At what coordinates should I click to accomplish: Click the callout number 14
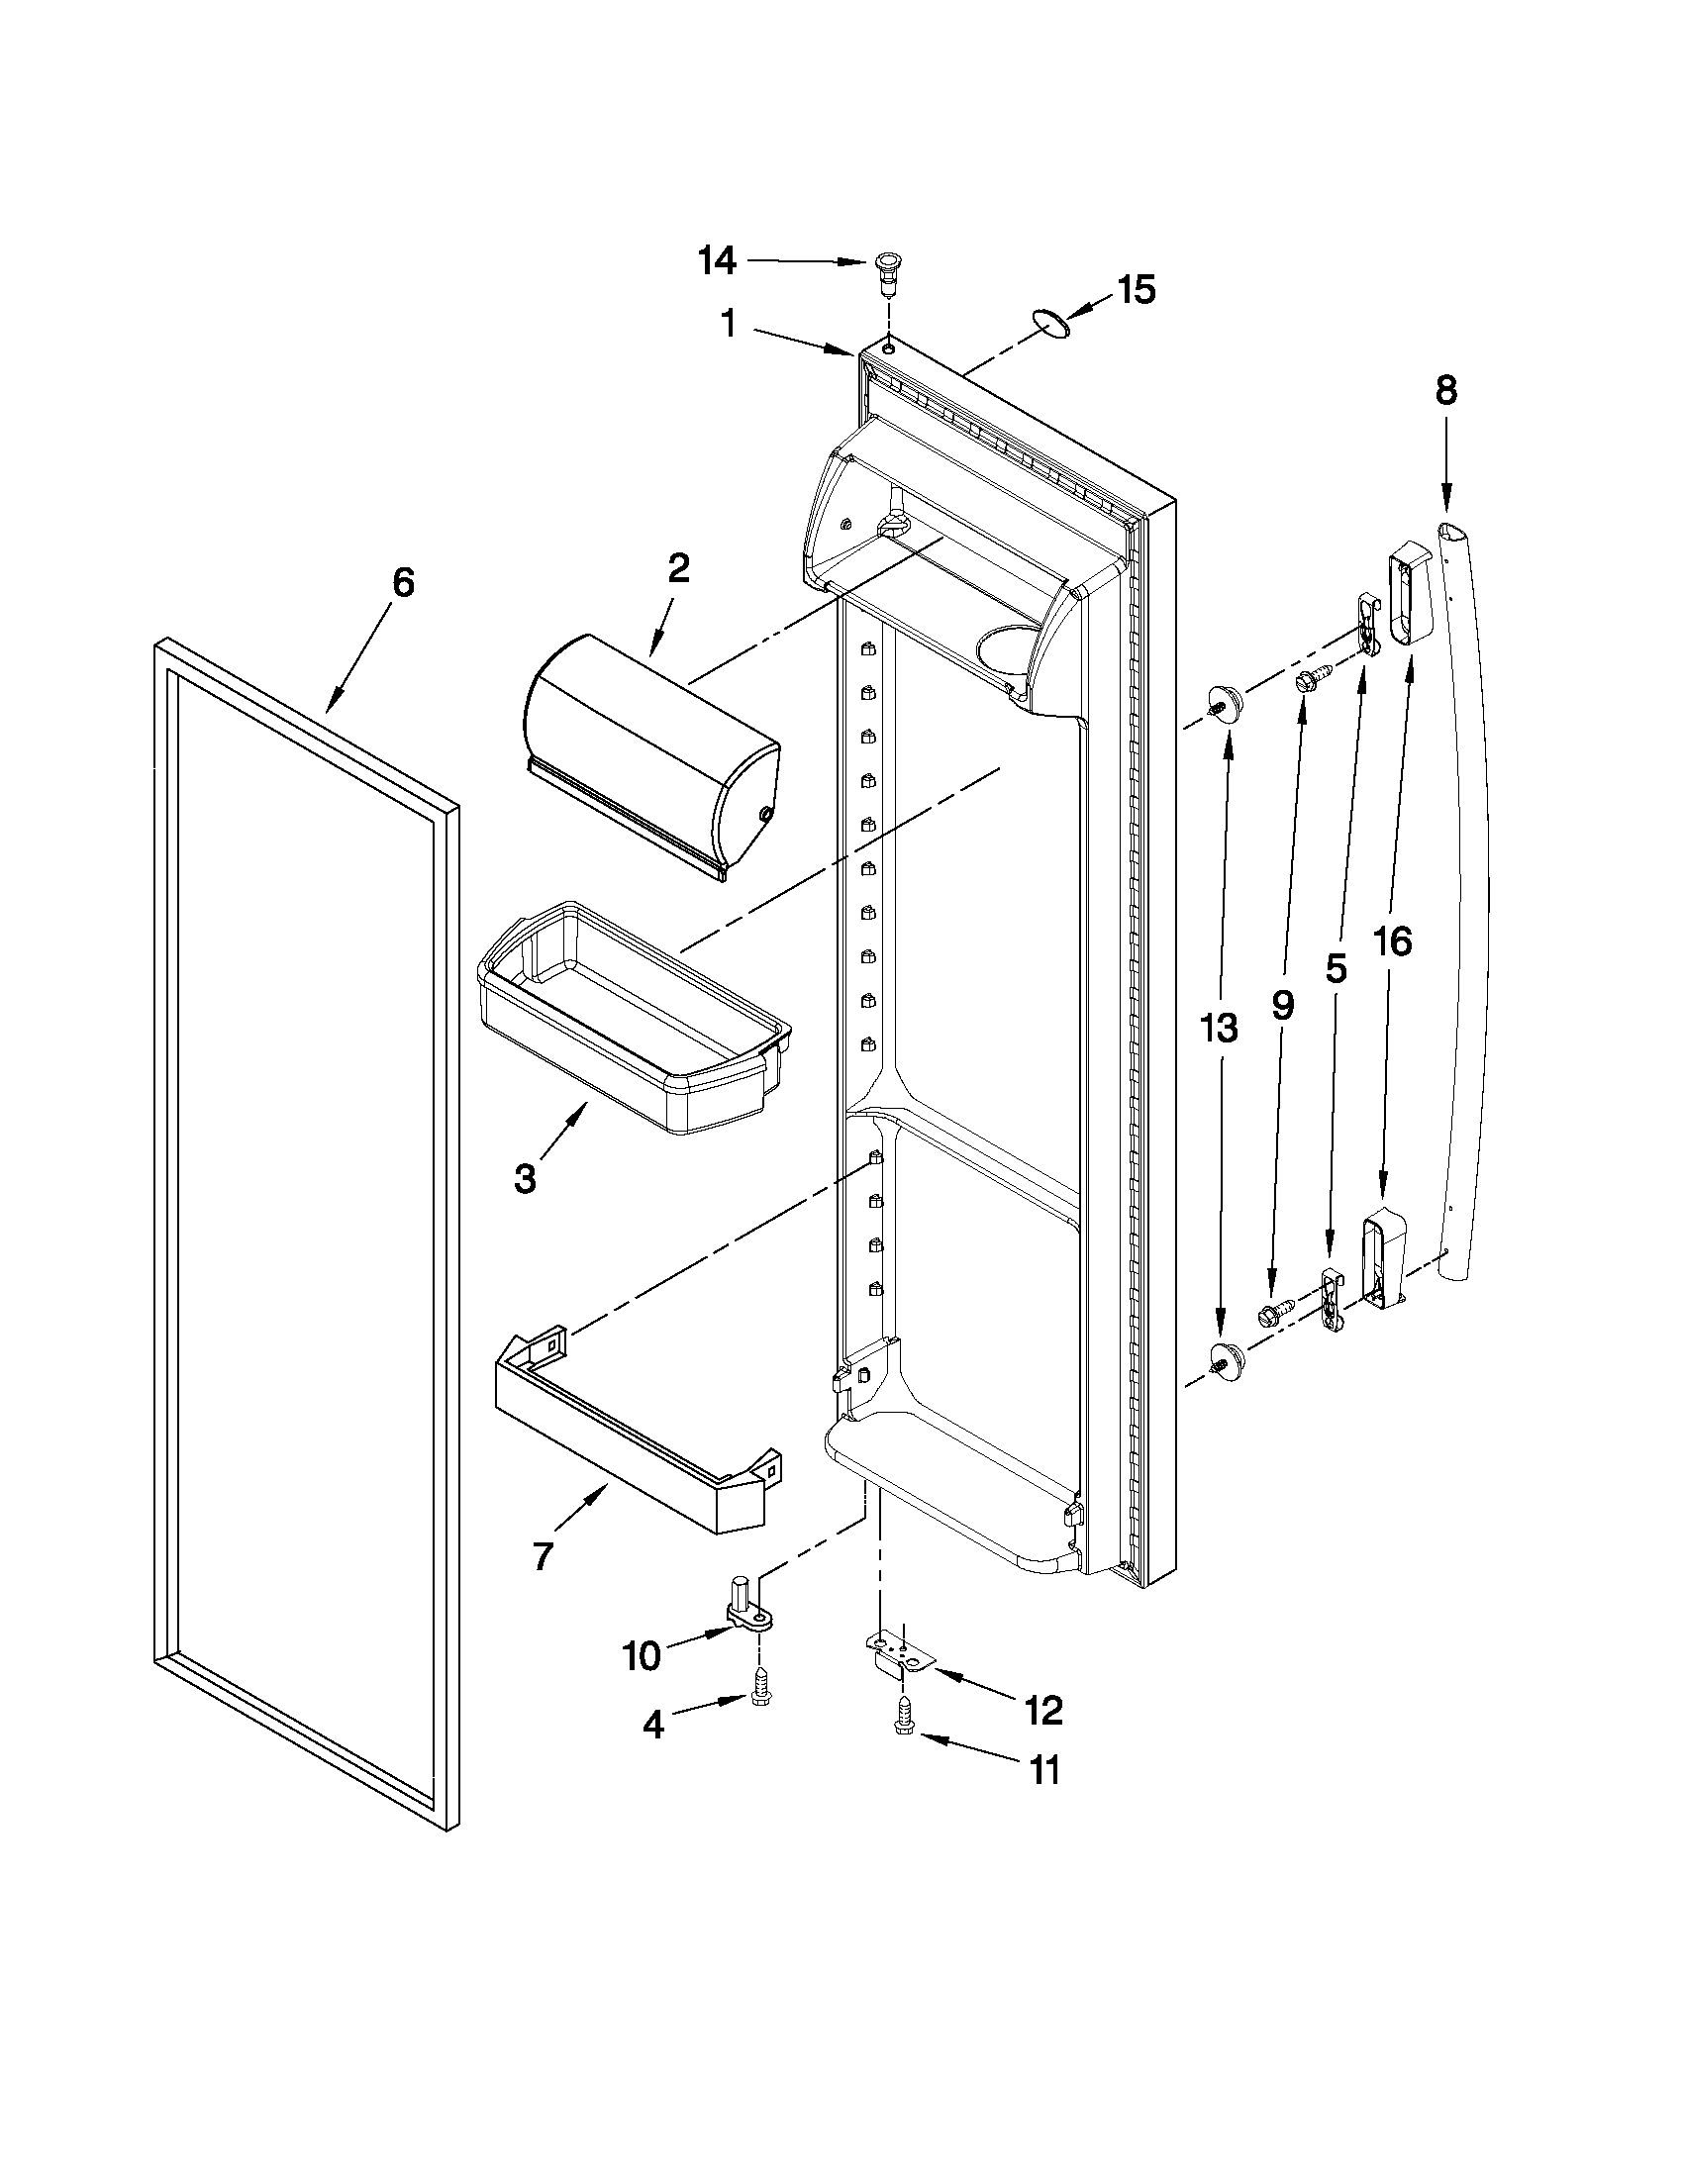tap(718, 261)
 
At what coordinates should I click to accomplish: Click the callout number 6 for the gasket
tap(402, 583)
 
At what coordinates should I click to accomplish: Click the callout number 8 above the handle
tap(1445, 391)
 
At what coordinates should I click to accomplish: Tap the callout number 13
tap(1218, 1028)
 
